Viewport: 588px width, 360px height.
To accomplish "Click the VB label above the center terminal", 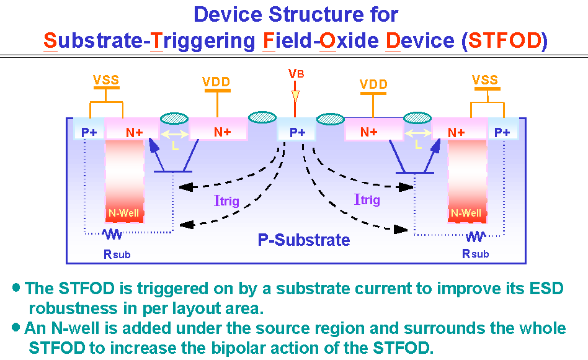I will (296, 74).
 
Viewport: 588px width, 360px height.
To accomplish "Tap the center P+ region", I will (298, 132).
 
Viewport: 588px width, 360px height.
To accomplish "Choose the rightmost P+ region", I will (502, 132).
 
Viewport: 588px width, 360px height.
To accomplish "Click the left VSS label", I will (106, 80).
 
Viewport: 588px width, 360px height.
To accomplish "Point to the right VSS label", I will (485, 80).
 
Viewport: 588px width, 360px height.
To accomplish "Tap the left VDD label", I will (216, 82).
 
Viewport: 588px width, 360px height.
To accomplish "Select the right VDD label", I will (373, 84).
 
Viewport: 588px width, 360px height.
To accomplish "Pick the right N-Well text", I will (466, 214).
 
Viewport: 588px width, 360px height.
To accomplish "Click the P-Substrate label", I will (304, 240).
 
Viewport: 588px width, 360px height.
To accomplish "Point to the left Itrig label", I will (226, 200).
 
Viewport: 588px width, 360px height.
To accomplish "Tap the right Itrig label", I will (367, 199).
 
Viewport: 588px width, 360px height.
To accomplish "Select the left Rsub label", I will (117, 254).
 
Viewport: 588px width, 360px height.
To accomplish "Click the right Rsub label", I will (475, 253).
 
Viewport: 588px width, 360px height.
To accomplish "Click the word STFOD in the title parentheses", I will (505, 42).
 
